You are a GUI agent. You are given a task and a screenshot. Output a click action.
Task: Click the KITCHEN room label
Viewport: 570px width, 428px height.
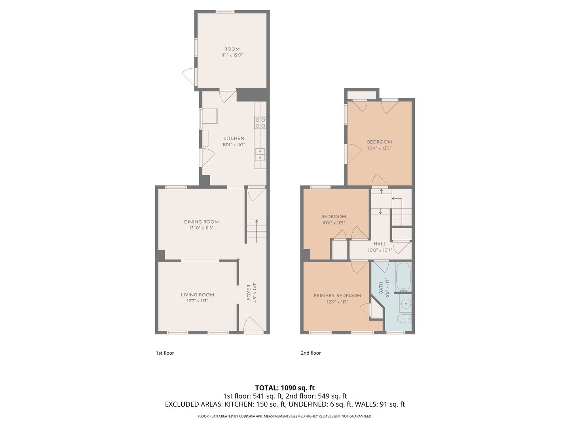pos(234,138)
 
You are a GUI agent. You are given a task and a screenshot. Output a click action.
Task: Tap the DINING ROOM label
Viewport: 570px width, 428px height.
pos(201,222)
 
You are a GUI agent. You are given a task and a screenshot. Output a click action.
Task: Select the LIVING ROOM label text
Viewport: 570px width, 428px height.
pos(198,295)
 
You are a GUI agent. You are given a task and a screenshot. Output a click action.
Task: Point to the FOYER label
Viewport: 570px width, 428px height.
pos(249,292)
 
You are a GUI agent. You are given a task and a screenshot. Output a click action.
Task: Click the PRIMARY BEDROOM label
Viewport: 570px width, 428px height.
pos(337,296)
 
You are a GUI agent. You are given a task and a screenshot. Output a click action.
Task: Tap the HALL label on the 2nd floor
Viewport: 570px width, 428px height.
pos(380,244)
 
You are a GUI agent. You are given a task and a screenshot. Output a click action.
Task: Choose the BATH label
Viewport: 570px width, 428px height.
pos(381,288)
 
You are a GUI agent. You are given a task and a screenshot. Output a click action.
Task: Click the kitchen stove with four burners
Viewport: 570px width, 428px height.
pos(260,123)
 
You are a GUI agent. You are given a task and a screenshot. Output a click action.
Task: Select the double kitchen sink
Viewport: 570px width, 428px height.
pos(260,155)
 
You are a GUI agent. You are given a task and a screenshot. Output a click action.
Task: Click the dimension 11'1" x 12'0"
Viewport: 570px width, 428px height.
pos(232,55)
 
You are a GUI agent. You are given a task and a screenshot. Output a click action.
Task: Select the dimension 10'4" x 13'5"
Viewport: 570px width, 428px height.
pos(379,148)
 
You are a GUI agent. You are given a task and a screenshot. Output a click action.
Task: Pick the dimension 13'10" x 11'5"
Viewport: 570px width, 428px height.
pos(201,228)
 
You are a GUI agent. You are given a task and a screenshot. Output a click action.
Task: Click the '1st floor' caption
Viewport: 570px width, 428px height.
pos(165,353)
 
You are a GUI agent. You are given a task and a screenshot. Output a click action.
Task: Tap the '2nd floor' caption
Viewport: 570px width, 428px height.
pos(311,353)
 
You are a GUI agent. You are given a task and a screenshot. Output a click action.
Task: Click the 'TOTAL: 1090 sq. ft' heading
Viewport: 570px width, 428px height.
pos(285,388)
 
